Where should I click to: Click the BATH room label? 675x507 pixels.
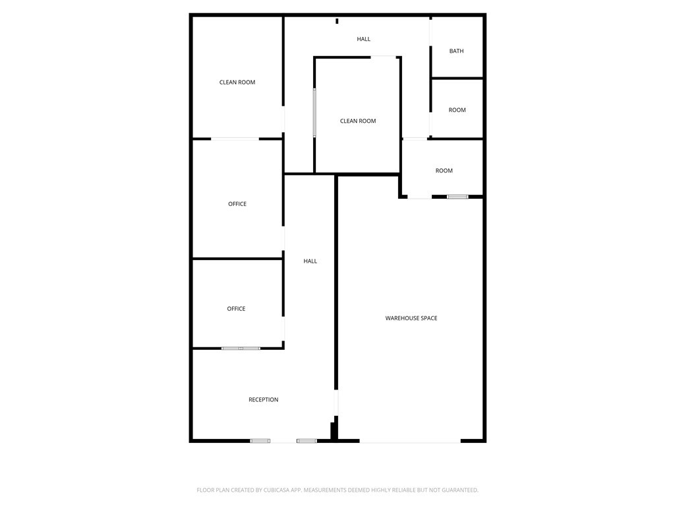pyautogui.click(x=456, y=51)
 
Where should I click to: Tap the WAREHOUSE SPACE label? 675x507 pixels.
pyautogui.click(x=411, y=318)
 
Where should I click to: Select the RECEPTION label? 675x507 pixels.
pyautogui.click(x=263, y=399)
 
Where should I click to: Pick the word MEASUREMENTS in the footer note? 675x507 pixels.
pyautogui.click(x=325, y=490)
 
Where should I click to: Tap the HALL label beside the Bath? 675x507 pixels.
pyautogui.click(x=363, y=39)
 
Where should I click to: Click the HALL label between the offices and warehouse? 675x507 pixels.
pyautogui.click(x=310, y=261)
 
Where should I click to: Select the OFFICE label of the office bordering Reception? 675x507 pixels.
pyautogui.click(x=236, y=309)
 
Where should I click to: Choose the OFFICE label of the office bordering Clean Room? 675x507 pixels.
pyautogui.click(x=237, y=204)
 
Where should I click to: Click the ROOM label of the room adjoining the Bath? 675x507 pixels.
pyautogui.click(x=457, y=110)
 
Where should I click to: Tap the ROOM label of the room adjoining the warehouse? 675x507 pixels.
pyautogui.click(x=444, y=171)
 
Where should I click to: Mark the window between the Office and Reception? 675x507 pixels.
pyautogui.click(x=241, y=348)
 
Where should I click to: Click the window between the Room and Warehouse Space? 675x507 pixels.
pyautogui.click(x=457, y=197)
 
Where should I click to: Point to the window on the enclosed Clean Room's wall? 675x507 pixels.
pyautogui.click(x=314, y=113)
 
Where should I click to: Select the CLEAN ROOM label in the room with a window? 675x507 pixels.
pyautogui.click(x=358, y=121)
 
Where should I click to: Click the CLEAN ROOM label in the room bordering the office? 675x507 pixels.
pyautogui.click(x=237, y=83)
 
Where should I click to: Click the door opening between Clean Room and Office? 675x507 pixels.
pyautogui.click(x=235, y=139)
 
